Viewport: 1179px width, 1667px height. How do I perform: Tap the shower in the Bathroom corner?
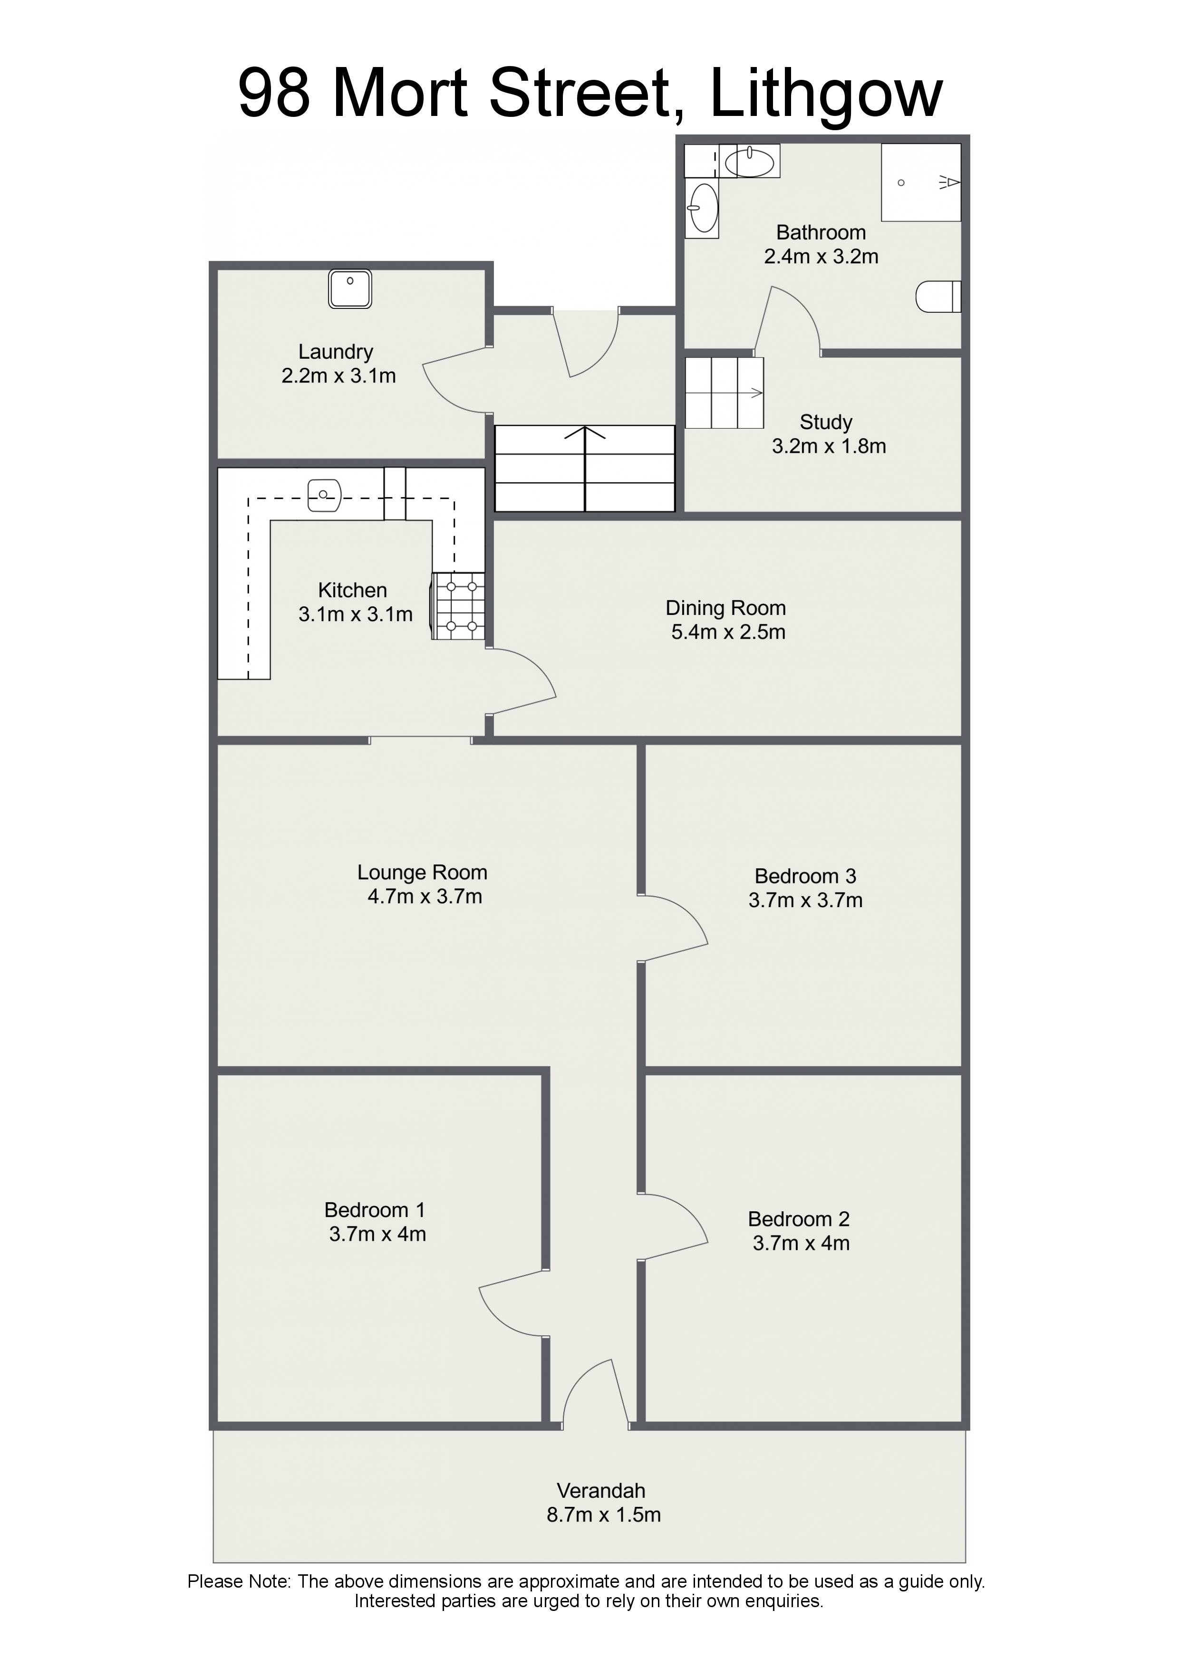tap(921, 182)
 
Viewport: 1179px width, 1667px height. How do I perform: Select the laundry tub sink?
tap(350, 289)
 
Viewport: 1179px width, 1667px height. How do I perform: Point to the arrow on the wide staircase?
tap(585, 468)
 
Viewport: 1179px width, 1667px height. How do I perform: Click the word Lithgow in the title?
tap(826, 95)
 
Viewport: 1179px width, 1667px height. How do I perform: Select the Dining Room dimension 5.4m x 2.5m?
tap(728, 632)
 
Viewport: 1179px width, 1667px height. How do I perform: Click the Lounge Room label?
tap(422, 872)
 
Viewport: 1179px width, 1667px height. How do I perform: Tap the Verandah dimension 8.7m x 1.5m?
tap(604, 1514)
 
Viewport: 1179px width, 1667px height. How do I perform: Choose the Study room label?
tap(826, 422)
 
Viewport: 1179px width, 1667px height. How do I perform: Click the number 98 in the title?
tap(274, 94)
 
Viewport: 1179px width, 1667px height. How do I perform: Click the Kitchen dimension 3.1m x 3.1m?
tap(355, 614)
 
